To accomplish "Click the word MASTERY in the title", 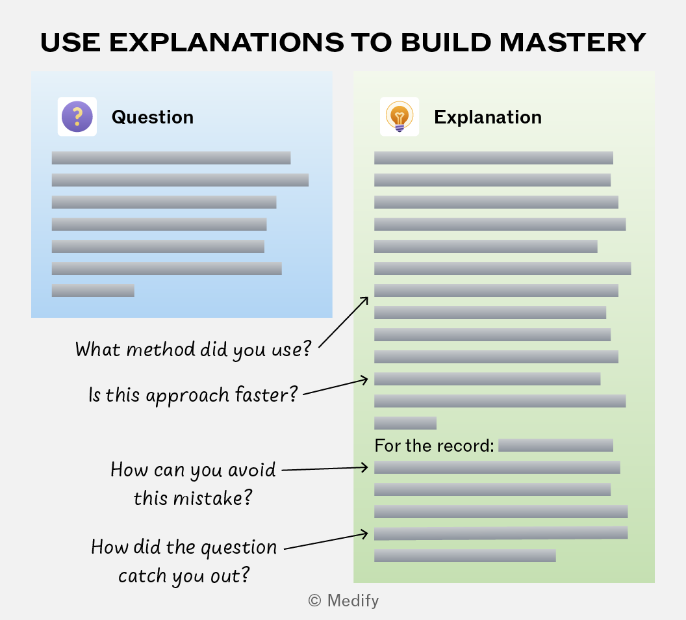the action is [572, 42].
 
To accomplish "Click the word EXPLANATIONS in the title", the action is [226, 42].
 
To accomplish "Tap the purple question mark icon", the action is [77, 116].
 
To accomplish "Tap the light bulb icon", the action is [400, 116].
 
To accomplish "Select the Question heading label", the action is [153, 117].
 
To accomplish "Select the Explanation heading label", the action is [488, 117].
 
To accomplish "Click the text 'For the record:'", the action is [435, 445].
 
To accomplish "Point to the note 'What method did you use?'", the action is [193, 350].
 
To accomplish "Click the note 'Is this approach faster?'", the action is [193, 394].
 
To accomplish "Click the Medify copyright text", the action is [344, 601].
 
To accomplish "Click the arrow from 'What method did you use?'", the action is [344, 322].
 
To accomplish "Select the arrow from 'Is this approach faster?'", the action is [336, 387].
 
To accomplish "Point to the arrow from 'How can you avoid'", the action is [325, 469].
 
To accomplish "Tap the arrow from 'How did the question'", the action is [326, 541].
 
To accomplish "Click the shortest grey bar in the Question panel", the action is [93, 291].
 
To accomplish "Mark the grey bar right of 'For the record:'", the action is [555, 445].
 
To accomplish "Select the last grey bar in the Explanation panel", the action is [465, 556].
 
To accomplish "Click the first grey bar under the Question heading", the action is [171, 158].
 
